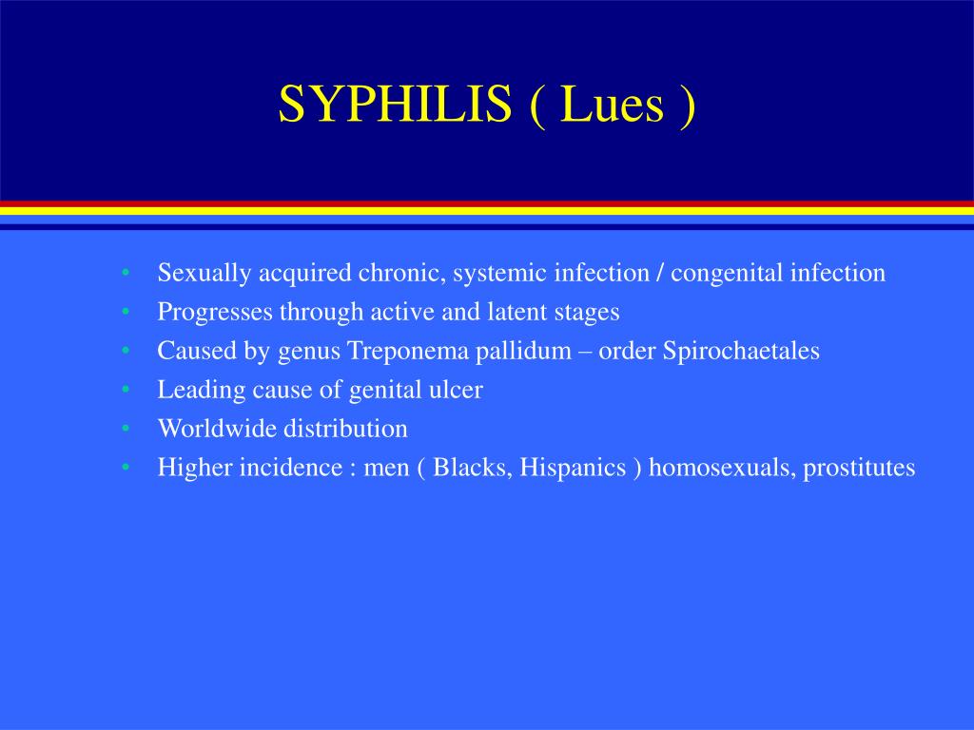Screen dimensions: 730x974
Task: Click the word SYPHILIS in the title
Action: [395, 105]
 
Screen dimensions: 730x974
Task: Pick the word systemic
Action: [499, 274]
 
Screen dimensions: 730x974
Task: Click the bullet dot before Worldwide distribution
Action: [126, 429]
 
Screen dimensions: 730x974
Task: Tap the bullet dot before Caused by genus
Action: [126, 351]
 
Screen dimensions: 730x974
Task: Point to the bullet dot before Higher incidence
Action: [126, 468]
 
